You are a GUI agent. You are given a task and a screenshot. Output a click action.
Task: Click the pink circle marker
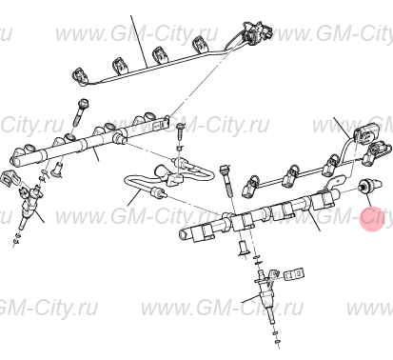pyautogui.click(x=373, y=220)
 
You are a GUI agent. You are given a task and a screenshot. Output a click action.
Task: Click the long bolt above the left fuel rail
pyautogui.click(x=81, y=113)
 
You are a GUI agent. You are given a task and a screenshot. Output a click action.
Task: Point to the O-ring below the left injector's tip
pyautogui.click(x=16, y=239)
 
